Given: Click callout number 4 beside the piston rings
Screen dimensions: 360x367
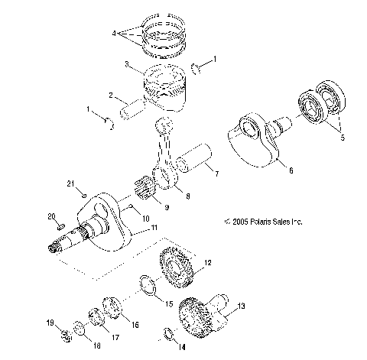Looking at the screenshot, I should pyautogui.click(x=115, y=34).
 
